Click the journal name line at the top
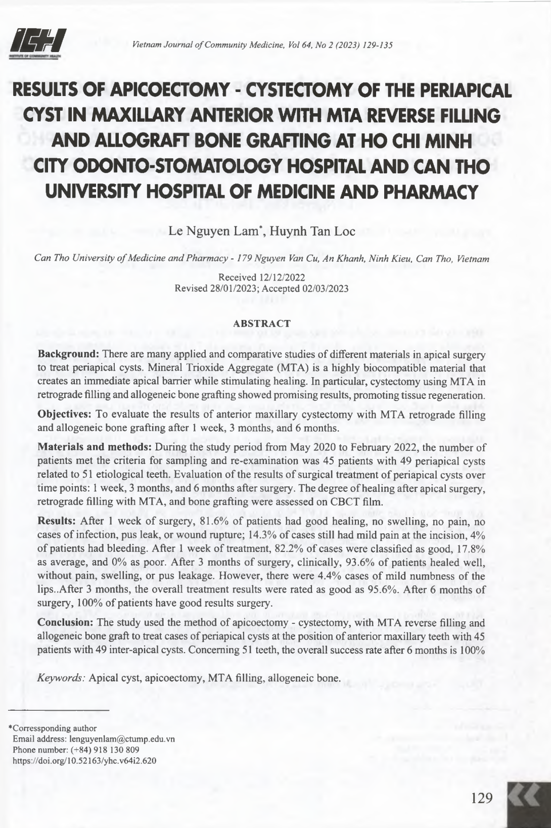[x=262, y=45]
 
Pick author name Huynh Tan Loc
[x=312, y=232]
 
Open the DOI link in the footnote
[x=84, y=760]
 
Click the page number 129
[x=481, y=798]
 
